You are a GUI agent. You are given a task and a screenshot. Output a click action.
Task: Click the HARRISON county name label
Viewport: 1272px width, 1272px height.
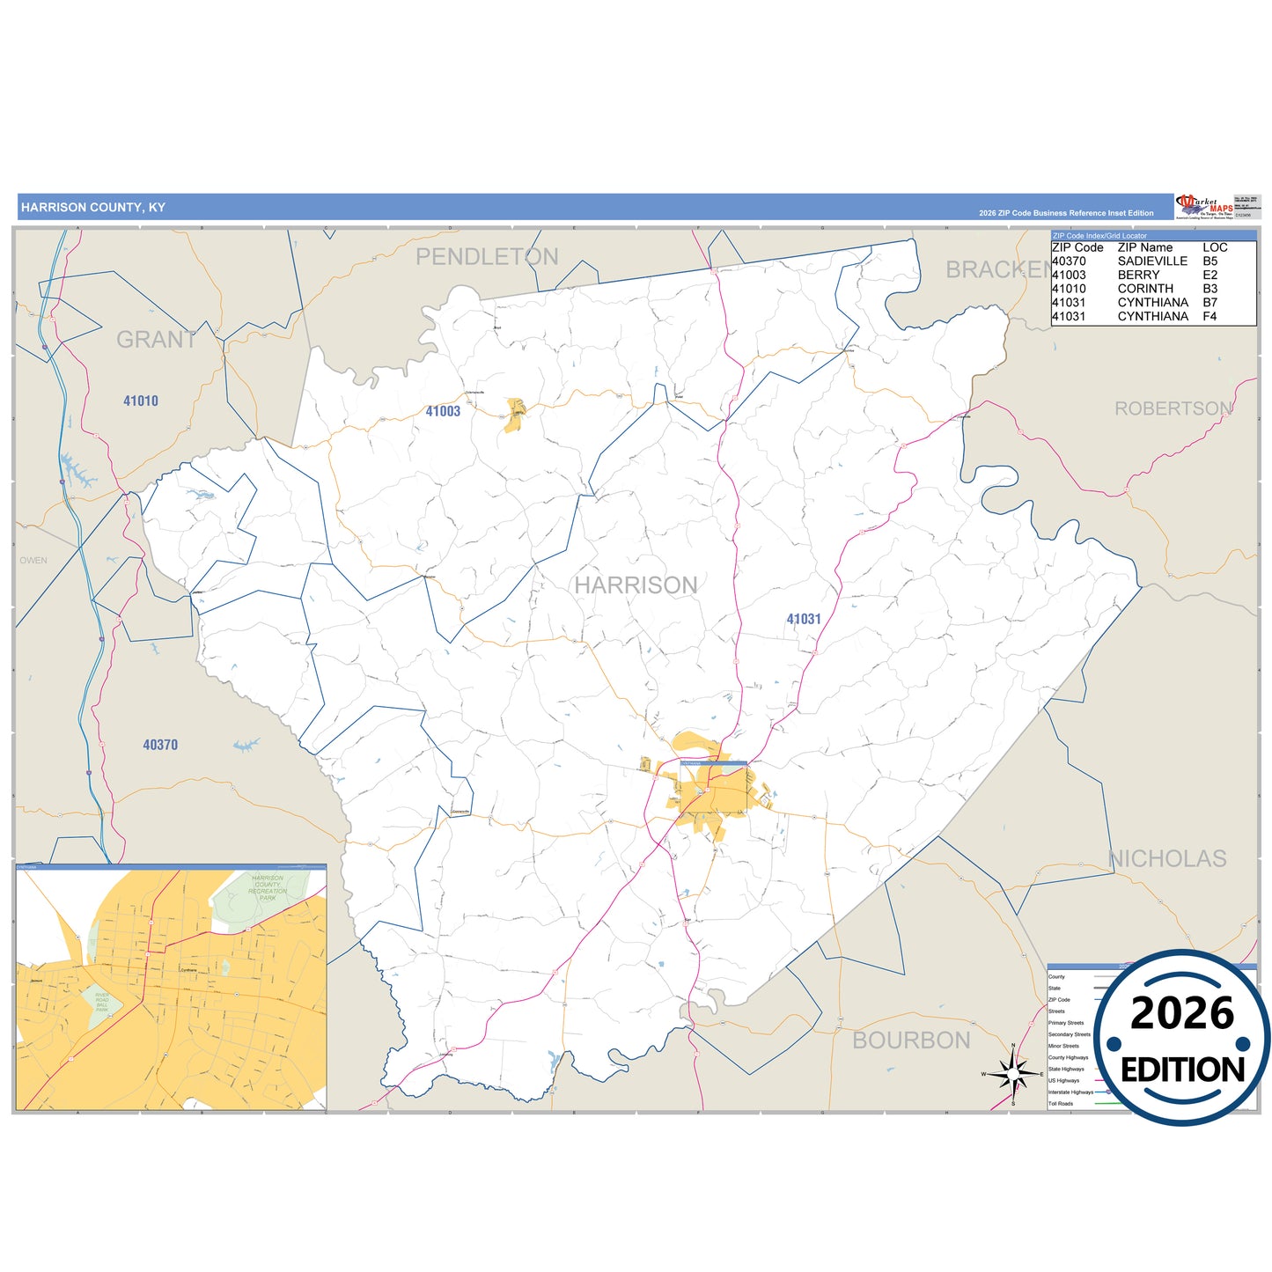636,585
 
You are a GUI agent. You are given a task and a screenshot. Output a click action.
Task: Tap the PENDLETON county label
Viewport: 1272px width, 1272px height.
487,257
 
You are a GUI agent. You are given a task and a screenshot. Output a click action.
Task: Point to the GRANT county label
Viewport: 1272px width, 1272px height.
156,340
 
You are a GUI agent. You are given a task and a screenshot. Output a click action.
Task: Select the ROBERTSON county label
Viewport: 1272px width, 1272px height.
1173,408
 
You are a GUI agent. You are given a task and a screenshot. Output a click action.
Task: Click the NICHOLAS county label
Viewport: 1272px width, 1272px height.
1166,858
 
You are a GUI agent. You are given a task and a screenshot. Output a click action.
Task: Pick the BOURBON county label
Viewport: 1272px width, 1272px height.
911,1040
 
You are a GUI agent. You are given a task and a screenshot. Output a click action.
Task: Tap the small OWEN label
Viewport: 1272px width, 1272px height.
33,561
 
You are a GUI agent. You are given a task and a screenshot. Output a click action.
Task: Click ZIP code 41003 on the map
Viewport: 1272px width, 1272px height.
443,411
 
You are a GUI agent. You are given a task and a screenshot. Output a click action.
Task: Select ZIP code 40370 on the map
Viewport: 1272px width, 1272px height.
160,745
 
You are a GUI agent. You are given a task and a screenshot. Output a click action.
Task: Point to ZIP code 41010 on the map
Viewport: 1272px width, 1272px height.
141,401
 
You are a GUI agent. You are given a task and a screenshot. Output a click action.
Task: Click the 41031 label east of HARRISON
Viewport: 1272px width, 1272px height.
804,620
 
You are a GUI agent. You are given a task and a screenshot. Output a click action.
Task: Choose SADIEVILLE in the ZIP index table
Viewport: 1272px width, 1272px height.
1152,261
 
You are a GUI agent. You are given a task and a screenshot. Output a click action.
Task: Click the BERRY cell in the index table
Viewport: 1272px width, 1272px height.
1138,275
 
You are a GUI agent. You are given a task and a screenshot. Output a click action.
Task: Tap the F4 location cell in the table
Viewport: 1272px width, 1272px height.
1210,316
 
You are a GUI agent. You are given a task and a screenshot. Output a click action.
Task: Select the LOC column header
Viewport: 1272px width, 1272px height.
1215,247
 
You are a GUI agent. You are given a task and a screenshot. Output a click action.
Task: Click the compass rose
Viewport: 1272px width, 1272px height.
1013,1074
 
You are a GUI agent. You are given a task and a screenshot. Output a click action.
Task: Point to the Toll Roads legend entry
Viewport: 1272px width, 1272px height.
1061,1103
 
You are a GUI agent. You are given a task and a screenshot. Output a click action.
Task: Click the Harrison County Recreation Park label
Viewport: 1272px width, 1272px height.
268,888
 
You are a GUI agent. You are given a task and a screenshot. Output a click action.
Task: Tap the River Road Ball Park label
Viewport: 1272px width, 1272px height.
102,1003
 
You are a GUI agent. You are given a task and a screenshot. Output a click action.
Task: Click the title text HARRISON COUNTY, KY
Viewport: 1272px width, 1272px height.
93,208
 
